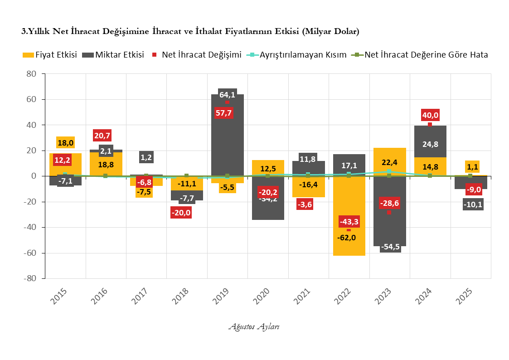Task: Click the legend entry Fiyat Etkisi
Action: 49,55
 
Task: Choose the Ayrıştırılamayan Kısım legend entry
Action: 297,55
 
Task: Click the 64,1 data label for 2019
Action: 227,95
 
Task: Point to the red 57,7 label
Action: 224,112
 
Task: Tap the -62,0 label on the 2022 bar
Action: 349,237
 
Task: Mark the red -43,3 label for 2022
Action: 349,222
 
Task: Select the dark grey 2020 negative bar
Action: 267,209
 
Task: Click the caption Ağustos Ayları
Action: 254,326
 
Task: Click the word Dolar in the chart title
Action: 345,32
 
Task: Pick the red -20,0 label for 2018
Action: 181,212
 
